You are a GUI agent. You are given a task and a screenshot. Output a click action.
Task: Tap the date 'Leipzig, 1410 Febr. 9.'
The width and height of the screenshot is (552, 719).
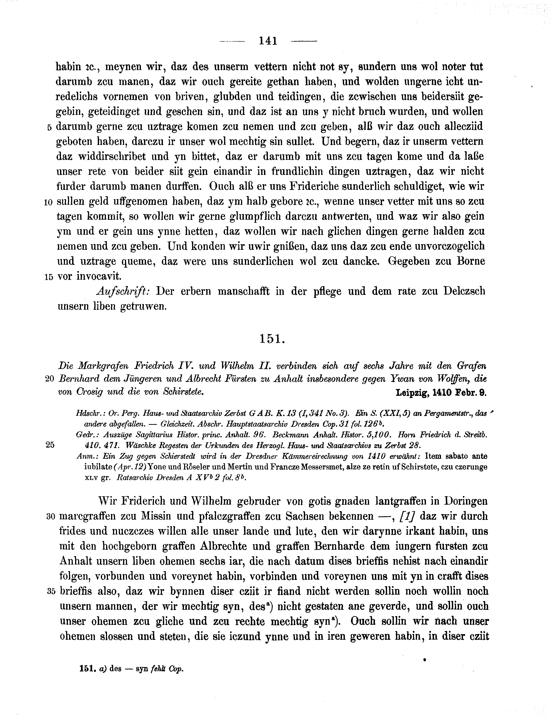tap(441, 393)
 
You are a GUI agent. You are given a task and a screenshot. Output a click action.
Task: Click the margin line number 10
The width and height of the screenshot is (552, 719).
tap(48, 202)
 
